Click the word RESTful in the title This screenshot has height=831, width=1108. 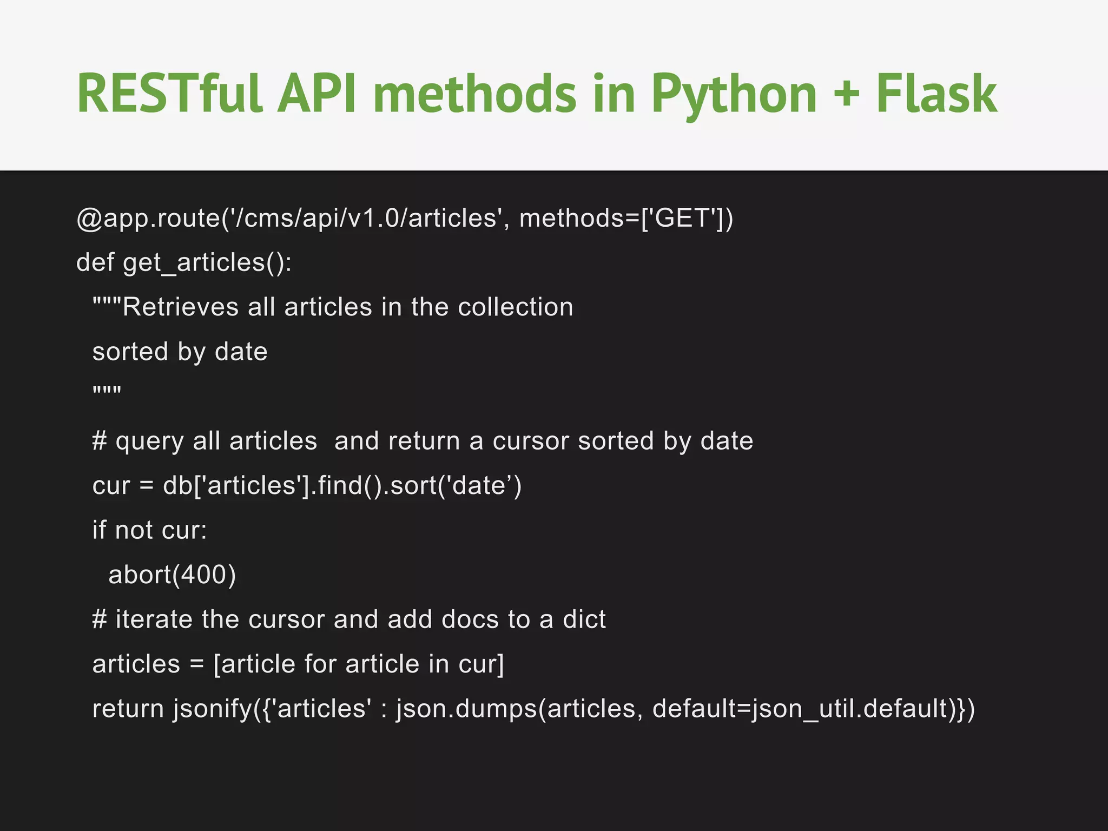[169, 94]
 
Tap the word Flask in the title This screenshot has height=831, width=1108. [936, 94]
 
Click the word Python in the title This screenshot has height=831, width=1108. [734, 95]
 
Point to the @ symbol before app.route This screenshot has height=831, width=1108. [89, 219]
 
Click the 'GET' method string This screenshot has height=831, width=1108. [683, 218]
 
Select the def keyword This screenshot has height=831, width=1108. [95, 262]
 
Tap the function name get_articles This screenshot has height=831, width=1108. [193, 263]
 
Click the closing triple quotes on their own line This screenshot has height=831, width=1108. [107, 391]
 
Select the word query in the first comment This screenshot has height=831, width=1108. [149, 441]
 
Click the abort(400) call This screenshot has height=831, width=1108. [172, 575]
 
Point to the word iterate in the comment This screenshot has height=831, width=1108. [154, 619]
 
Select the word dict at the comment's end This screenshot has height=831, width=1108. [584, 619]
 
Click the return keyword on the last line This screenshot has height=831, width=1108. [128, 708]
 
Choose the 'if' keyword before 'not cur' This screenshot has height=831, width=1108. [99, 530]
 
